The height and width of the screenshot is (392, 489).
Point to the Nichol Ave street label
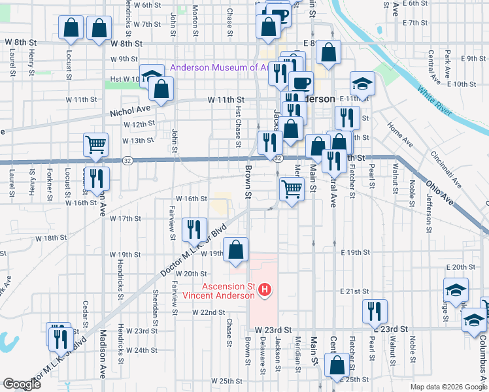click(131, 111)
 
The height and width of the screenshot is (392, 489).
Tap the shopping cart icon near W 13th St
click(95, 145)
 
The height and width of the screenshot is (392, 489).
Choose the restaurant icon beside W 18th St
click(194, 229)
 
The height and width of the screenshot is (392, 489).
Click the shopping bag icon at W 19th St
click(235, 249)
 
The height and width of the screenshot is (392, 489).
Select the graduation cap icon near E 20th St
click(456, 289)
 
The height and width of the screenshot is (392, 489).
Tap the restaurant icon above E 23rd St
click(375, 310)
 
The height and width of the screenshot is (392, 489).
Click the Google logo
click(22, 384)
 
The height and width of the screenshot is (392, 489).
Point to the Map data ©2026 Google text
click(448, 387)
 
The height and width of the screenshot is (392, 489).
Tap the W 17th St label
click(126, 218)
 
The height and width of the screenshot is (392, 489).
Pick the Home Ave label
click(399, 133)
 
